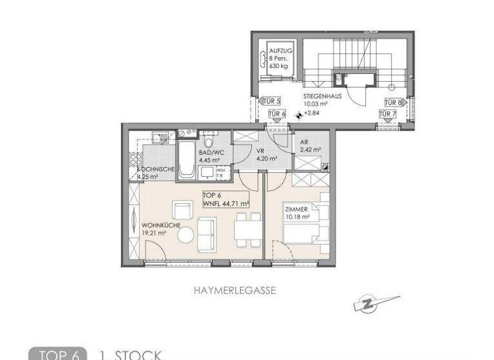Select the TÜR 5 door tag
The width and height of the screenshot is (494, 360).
tap(272, 102)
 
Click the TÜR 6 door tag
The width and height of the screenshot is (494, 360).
tap(277, 114)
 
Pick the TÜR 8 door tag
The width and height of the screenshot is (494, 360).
tap(394, 102)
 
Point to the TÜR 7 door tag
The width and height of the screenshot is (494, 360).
tap(387, 114)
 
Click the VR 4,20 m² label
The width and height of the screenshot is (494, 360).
tap(266, 155)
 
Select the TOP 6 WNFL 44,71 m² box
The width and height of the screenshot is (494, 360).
tap(225, 200)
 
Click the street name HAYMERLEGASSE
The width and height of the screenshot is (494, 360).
tap(235, 291)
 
